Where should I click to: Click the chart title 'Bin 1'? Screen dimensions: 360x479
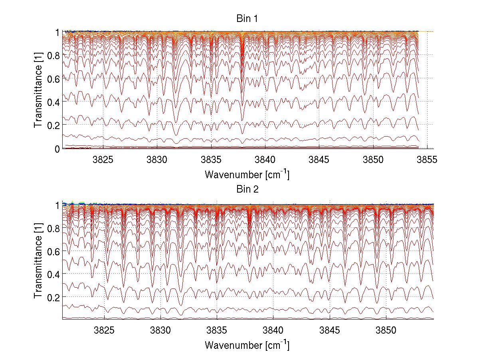click(247, 18)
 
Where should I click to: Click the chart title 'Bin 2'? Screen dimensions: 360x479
click(247, 189)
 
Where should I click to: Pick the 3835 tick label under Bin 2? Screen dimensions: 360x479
click(217, 331)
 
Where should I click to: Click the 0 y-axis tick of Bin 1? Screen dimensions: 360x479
click(57, 149)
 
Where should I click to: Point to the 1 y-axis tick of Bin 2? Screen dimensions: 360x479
click(57, 205)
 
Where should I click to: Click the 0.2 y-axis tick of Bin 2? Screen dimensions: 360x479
click(53, 297)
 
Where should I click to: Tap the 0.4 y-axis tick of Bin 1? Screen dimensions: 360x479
click(53, 102)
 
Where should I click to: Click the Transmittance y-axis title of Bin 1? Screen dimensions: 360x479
click(38, 90)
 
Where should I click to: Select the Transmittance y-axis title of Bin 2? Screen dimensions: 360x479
click(38, 261)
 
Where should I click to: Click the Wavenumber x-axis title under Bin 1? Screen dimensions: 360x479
click(247, 174)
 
